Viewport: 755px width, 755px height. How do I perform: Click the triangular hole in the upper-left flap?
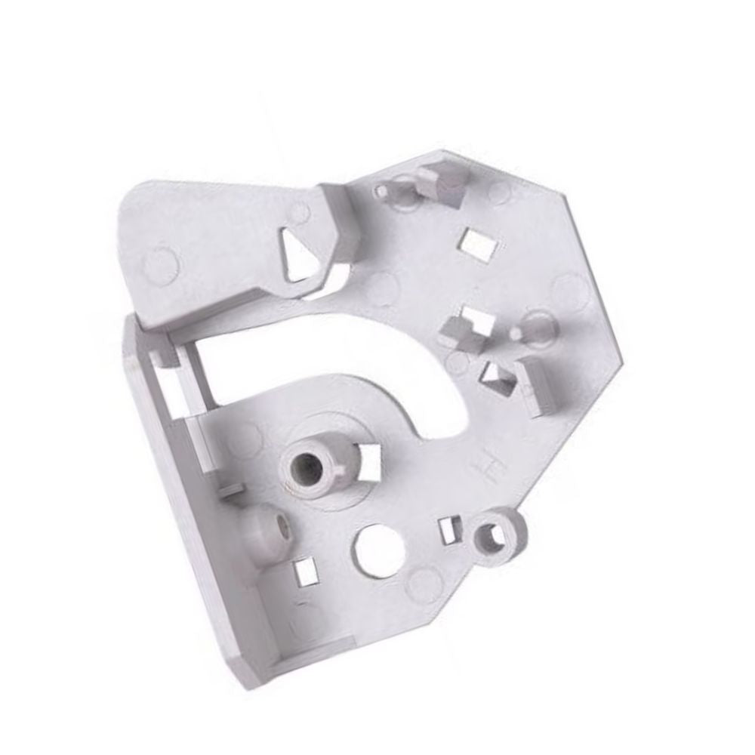300,254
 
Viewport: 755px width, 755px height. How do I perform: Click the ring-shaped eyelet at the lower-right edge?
495,535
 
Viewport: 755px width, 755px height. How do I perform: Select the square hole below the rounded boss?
304,572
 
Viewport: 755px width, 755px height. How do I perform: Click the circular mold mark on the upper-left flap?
160,266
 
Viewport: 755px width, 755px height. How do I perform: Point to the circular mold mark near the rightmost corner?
572,290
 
